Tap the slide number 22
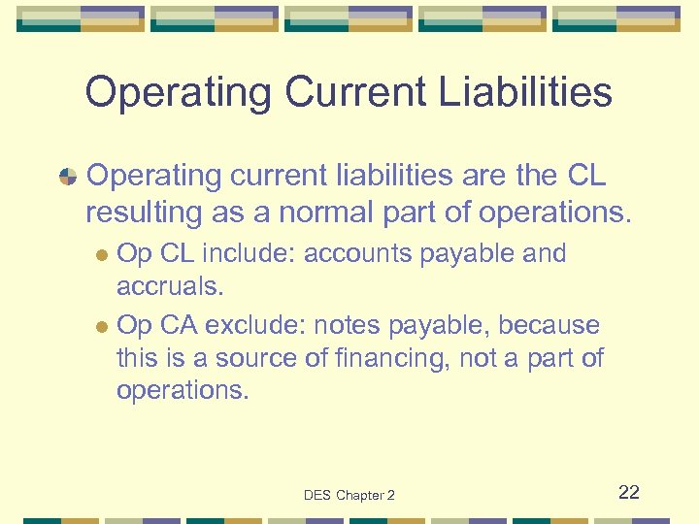pos(629,492)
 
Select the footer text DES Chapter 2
pos(349,495)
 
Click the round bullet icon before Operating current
pos(68,177)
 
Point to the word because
pos(553,325)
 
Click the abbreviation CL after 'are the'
pos(583,176)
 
